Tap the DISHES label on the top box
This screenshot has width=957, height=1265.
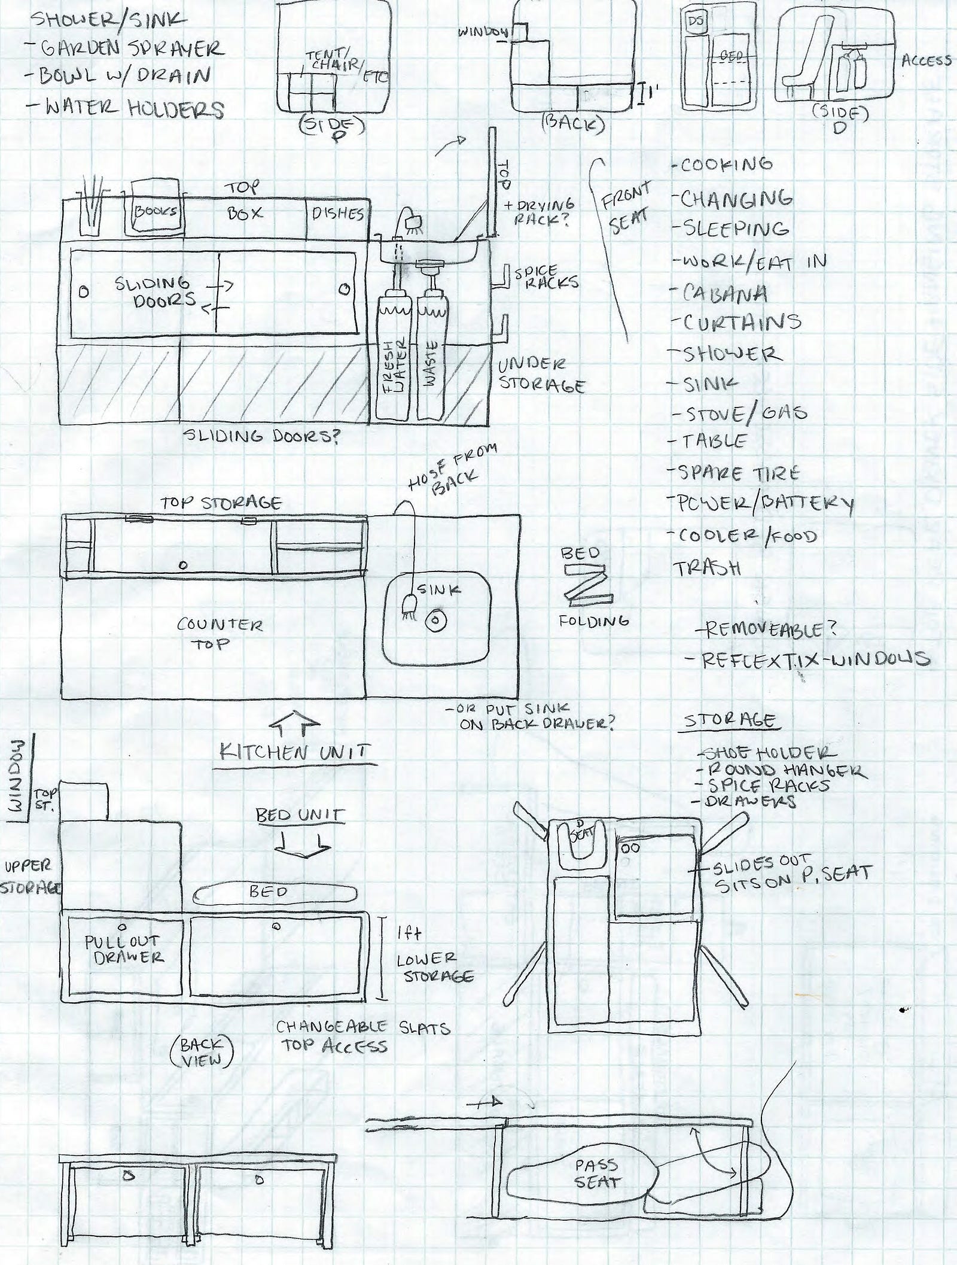click(x=338, y=214)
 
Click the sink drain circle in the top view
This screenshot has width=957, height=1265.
click(x=433, y=620)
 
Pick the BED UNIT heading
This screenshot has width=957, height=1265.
click(x=300, y=814)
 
